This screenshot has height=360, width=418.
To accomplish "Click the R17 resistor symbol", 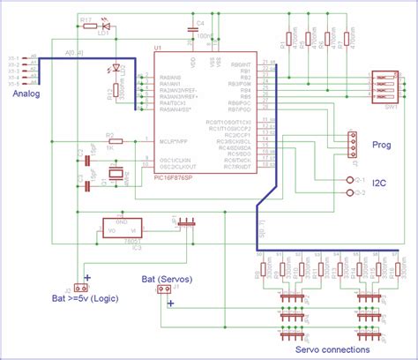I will click(x=87, y=26).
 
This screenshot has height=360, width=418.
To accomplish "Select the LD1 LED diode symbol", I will click(x=105, y=26).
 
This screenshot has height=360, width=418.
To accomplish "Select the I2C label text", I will click(x=380, y=183).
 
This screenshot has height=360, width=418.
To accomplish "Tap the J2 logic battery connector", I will click(x=79, y=288).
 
